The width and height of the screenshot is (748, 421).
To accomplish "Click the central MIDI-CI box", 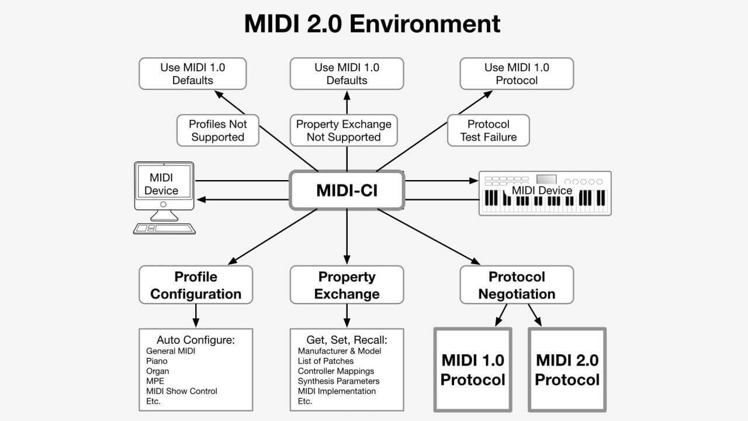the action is click(347, 191).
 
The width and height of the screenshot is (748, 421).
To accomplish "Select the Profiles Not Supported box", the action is click(218, 130).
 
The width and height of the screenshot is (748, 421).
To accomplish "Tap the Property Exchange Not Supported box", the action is click(344, 130).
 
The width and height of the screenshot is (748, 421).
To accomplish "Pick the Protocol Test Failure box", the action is click(488, 130).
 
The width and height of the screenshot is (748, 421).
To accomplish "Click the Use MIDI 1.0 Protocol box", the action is click(517, 74).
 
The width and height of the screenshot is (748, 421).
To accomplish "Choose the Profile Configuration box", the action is click(196, 285).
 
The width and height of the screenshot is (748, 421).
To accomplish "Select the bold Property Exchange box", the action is click(347, 285).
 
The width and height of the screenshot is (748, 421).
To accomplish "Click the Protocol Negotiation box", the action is click(517, 285).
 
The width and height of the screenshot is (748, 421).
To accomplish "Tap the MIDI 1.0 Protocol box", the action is click(473, 370).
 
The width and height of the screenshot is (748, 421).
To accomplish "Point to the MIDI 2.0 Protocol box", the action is click(567, 370).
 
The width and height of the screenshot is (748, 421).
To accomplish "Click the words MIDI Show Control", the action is click(182, 391).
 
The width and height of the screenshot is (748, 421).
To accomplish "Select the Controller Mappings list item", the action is click(336, 371).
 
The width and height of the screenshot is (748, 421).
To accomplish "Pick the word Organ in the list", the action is click(158, 371).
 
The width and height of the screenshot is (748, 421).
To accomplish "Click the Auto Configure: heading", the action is click(196, 340).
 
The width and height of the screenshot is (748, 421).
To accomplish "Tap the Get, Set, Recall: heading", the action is click(347, 340).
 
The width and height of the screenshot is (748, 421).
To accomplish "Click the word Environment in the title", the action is click(425, 24).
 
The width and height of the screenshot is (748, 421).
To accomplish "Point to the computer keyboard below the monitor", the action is click(164, 229).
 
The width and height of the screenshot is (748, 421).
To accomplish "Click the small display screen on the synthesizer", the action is click(546, 179).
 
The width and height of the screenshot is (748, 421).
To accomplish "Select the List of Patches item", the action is click(325, 361).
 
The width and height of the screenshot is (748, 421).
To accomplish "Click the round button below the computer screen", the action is click(163, 204).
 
